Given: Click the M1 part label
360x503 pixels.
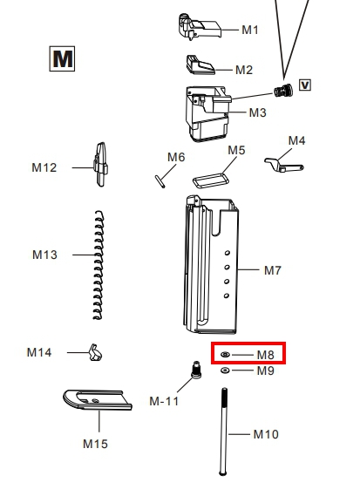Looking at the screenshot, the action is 250,30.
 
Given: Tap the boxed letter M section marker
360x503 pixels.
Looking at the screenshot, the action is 62,58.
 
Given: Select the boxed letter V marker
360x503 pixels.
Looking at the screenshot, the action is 305,85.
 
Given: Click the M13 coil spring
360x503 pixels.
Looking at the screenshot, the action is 98,265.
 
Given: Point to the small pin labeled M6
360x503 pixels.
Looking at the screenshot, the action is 160,181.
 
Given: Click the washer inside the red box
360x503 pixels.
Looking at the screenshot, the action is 225,355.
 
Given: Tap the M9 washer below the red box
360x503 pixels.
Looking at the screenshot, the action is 225,370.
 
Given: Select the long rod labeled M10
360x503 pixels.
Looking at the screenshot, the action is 224,432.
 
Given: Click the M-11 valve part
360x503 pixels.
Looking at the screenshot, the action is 196,370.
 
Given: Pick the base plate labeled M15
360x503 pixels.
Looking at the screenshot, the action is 98,400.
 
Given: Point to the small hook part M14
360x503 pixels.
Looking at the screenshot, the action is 95,352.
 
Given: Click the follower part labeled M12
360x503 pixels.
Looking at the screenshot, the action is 101,165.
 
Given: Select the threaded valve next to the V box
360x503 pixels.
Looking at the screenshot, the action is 283,90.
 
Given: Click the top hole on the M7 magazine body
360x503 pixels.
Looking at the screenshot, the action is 228,253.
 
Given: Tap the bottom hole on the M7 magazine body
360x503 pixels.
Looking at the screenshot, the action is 227,296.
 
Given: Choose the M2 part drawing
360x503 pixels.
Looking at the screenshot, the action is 200,65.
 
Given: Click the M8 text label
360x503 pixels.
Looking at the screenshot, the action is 266,355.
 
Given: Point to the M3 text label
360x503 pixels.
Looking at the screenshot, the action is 258,112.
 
